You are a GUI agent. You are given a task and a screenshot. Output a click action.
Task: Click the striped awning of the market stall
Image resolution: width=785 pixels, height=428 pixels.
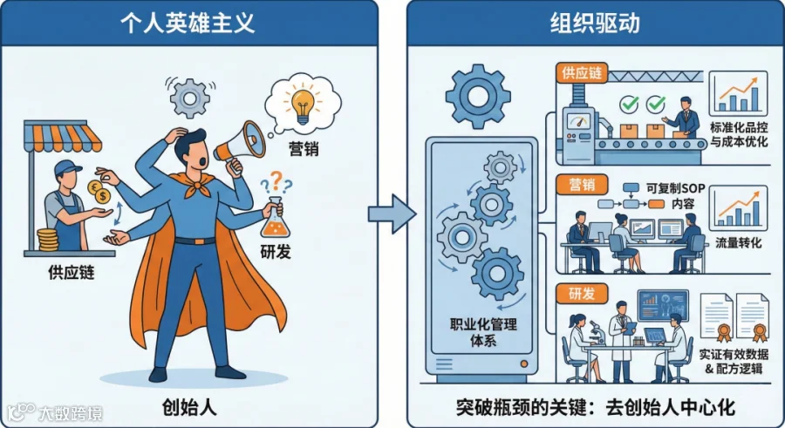[62, 136]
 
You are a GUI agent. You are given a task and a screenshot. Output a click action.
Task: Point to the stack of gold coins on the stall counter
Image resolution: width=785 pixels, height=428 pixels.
[48, 240]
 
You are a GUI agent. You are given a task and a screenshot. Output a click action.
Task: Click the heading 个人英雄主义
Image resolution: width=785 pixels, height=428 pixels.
[188, 23]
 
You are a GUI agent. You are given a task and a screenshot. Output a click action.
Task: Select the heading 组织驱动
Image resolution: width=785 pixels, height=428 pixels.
[595, 23]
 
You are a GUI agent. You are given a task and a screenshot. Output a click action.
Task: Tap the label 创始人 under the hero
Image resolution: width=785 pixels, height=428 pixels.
[189, 407]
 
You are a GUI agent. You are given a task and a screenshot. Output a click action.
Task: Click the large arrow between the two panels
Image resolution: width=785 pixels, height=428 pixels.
[392, 214]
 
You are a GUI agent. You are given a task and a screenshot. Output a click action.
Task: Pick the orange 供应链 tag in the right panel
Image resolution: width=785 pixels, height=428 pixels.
[581, 73]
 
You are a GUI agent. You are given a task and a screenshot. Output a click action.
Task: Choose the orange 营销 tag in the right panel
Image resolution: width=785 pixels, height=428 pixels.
[582, 185]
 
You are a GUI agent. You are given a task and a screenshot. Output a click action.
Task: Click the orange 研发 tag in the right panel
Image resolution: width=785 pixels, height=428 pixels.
[582, 294]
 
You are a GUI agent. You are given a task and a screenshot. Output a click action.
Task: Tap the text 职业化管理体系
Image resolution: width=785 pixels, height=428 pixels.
[482, 332]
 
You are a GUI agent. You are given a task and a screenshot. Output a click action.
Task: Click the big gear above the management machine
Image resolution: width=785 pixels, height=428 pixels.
[478, 96]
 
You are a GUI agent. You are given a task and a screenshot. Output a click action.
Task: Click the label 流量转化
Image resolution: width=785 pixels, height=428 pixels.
[739, 243]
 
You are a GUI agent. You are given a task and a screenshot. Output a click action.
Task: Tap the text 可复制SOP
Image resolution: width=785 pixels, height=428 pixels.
[675, 188]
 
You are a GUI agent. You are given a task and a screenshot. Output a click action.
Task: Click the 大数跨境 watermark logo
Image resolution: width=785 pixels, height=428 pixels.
[54, 413]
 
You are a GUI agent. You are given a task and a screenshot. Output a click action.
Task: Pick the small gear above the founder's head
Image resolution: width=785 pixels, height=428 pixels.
[190, 99]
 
